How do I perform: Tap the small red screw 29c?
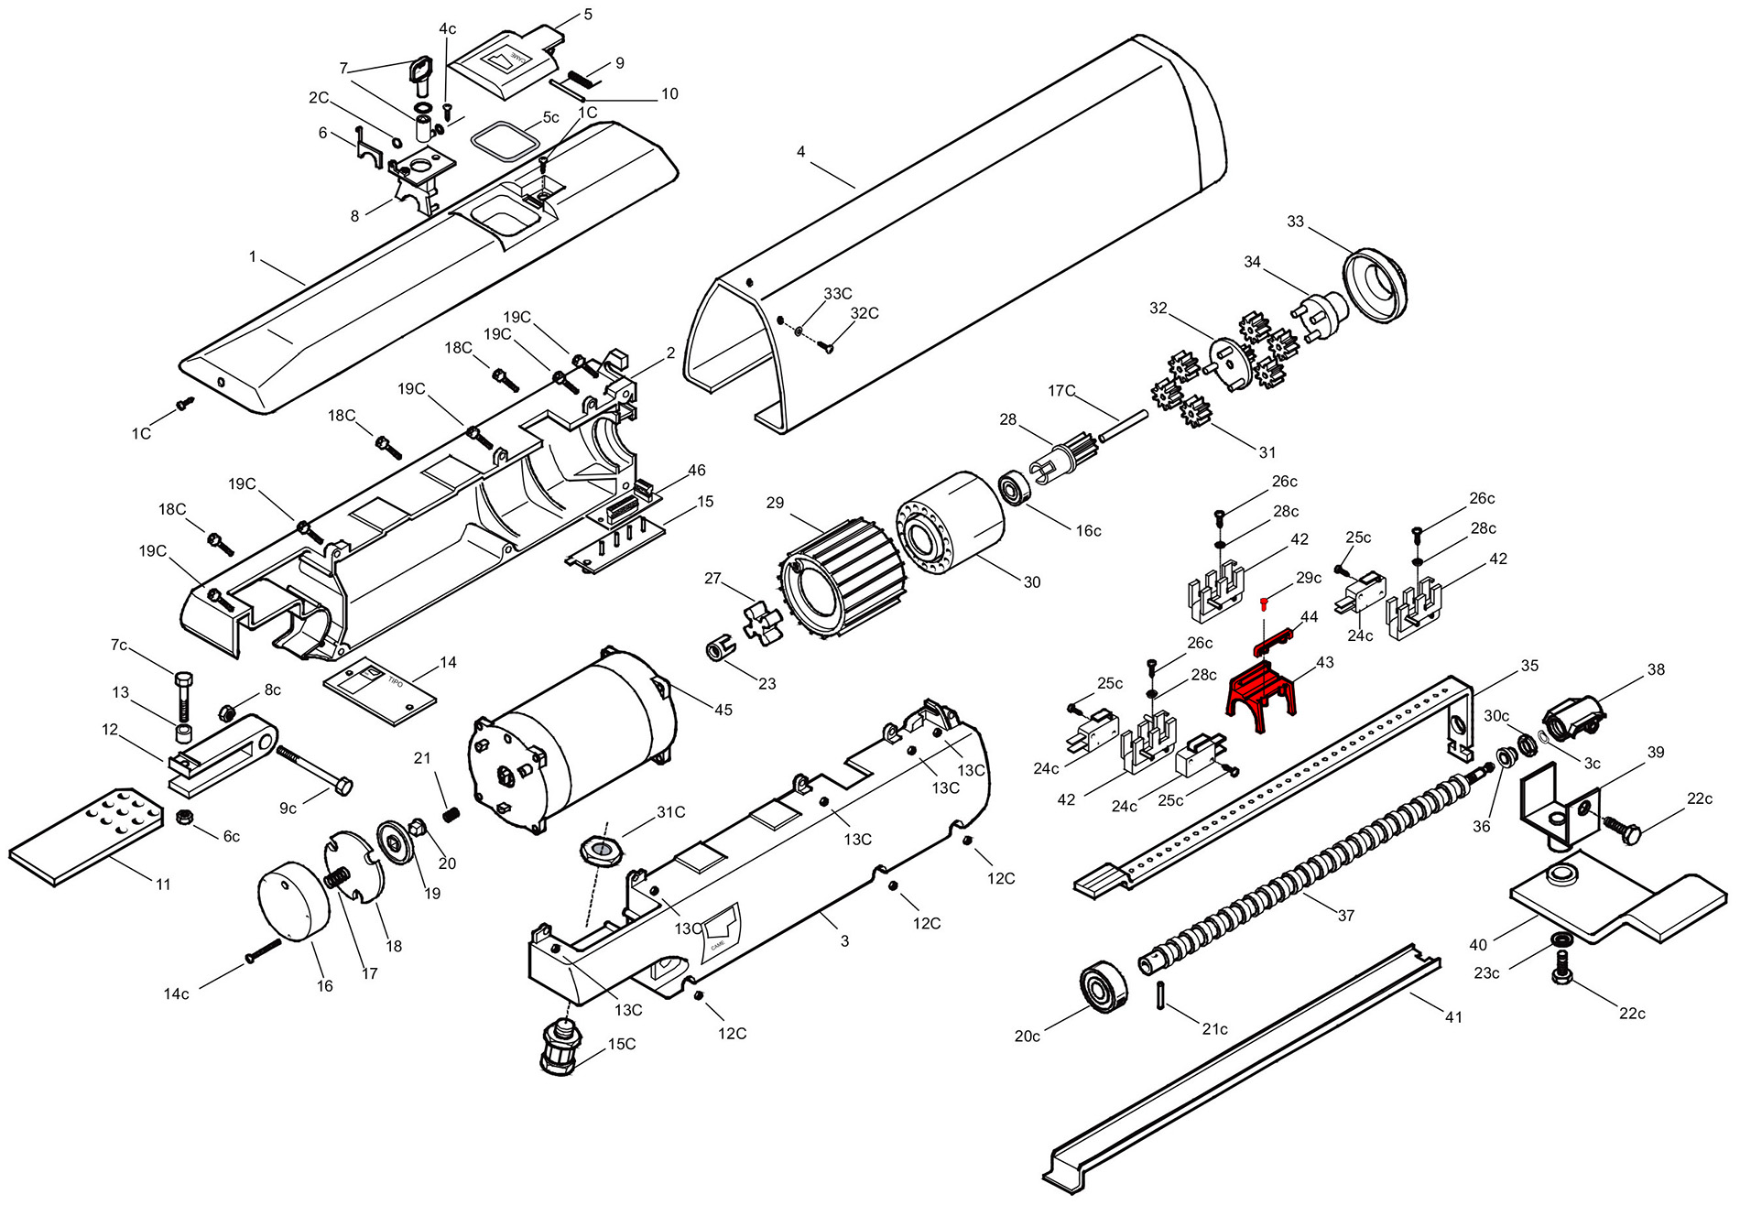pos(1264,602)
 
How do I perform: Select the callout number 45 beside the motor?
pos(723,709)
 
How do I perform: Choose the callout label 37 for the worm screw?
pos(1345,915)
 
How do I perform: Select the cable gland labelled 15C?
pos(565,1046)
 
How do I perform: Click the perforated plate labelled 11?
pos(87,835)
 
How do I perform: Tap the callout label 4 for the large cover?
pos(801,151)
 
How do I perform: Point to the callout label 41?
pos(1453,1016)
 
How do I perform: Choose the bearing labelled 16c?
pos(1014,488)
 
